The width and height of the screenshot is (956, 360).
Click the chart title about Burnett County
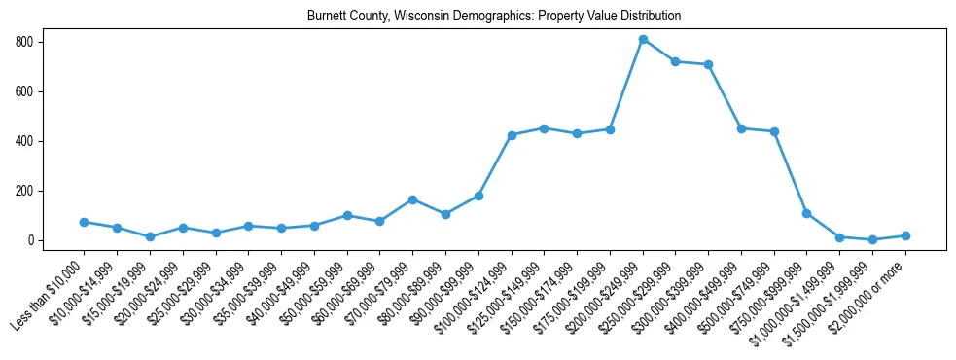click(494, 17)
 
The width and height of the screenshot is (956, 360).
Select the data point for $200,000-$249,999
click(643, 39)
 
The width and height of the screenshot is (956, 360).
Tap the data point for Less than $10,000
click(84, 222)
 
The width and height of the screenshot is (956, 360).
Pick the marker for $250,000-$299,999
click(676, 61)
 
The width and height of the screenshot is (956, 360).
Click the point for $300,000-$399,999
click(709, 65)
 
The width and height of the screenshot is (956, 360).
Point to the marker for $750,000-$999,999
click(807, 213)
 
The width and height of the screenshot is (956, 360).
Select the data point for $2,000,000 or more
click(905, 235)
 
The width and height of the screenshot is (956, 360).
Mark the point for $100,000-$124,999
click(512, 135)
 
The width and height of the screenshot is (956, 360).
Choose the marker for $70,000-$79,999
click(412, 199)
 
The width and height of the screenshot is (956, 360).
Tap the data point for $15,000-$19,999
click(150, 236)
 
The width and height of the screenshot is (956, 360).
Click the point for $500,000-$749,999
click(774, 131)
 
